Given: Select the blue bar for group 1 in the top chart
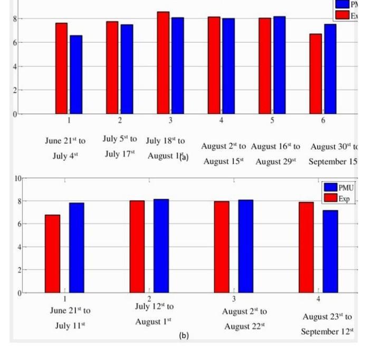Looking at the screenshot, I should tap(76, 75).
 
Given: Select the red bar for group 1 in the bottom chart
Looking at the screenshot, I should tap(52, 254).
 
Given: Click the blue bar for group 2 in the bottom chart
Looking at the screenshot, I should tap(161, 246).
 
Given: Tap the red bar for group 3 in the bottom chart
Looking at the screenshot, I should tap(222, 247).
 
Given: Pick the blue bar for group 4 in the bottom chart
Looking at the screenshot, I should tap(330, 251).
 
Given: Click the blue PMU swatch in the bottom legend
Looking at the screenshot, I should tap(330, 188).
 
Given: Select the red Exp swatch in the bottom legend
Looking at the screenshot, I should tap(330, 198).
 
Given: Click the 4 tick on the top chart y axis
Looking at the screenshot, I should tap(16, 66).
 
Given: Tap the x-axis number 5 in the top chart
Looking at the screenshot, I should tap(272, 121).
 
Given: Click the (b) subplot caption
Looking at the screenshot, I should tap(184, 335).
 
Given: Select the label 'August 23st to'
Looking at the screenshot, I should tap(327, 317).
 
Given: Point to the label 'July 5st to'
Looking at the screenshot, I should tap(120, 139).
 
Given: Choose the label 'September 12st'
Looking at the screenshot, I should tap(327, 332).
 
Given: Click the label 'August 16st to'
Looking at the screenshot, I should tap(275, 146).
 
